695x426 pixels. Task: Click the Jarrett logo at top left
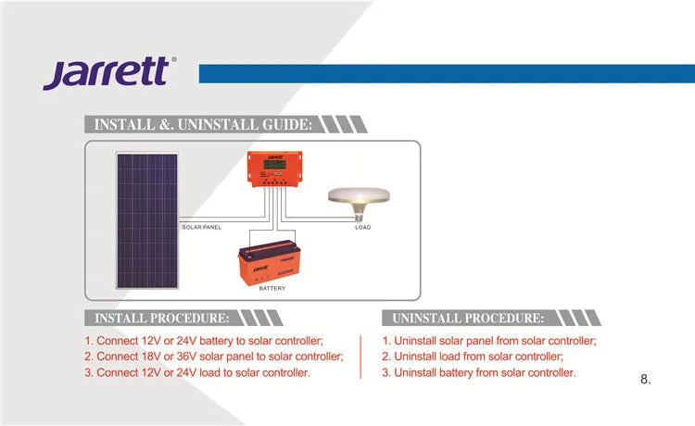coord(106,72)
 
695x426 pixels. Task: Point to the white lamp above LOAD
coord(361,197)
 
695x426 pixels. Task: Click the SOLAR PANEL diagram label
coord(201,227)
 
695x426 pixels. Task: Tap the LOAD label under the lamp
coord(362,227)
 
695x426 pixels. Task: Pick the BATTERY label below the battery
coord(272,289)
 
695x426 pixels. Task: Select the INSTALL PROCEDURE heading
coord(162,318)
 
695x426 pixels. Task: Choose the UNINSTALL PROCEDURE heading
coord(468,318)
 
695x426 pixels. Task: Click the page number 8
coord(646,380)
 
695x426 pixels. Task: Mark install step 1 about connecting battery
coord(204,340)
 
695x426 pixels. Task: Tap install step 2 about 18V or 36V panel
coord(213,357)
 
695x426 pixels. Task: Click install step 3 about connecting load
coord(196,372)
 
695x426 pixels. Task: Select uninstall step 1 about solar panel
coord(488,340)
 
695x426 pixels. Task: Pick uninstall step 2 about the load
coord(473,357)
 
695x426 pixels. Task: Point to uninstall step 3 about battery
coord(478,372)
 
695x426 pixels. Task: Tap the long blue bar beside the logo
coord(446,73)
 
